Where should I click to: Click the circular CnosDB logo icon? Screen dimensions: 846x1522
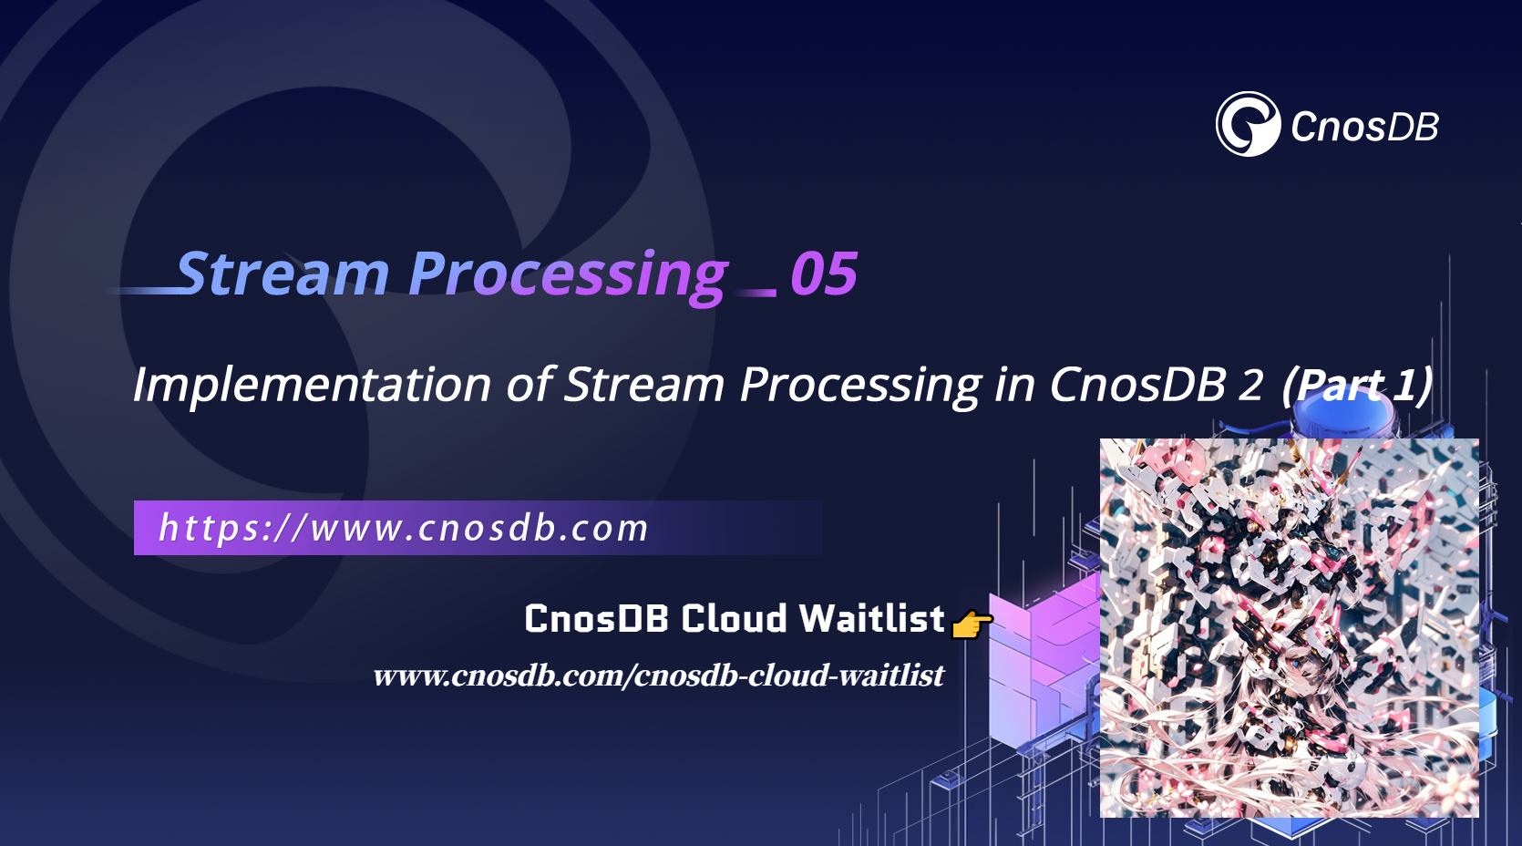click(1248, 124)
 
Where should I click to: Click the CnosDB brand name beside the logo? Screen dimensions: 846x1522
click(1364, 127)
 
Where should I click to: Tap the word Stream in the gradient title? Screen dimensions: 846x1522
click(283, 273)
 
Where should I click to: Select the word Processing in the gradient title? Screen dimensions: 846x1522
click(568, 273)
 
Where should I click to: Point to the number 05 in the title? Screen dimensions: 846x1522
click(824, 273)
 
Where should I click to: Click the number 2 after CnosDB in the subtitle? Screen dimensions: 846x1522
click(1250, 384)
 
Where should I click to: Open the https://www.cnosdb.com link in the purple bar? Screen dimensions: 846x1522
click(403, 528)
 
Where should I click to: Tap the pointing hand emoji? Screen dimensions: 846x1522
click(971, 624)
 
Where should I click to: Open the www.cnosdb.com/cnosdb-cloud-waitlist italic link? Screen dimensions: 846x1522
click(658, 676)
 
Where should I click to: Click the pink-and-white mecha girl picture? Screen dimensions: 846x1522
click(1289, 627)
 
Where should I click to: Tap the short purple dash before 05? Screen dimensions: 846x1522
click(757, 293)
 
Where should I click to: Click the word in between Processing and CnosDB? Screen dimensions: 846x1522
click(1014, 384)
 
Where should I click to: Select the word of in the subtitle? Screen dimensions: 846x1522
click(530, 384)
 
